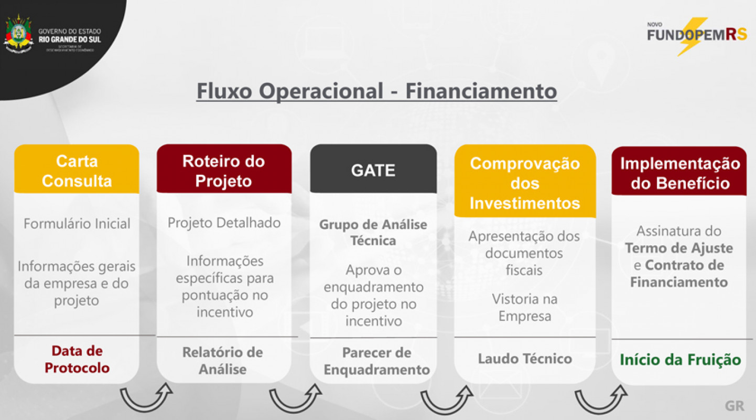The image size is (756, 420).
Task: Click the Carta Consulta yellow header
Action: pos(77,170)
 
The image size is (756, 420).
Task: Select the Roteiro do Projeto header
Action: pos(224,170)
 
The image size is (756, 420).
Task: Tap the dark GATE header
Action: pos(373,170)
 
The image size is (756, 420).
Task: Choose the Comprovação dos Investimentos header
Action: pos(525,182)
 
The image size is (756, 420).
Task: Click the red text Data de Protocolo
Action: pos(77,359)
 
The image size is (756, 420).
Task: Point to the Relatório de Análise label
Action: pos(222,360)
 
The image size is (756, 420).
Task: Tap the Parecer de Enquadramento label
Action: pos(376,361)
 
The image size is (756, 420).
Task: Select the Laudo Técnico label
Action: pos(525,359)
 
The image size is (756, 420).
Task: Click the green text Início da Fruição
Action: pos(680,360)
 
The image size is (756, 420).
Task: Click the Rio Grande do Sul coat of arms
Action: pos(18,34)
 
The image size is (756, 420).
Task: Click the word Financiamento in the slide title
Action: pos(481,91)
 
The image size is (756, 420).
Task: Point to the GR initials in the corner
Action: pos(735,406)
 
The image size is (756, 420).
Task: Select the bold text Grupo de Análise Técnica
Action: pos(373,233)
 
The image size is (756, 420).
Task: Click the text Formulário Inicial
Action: pos(77,224)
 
